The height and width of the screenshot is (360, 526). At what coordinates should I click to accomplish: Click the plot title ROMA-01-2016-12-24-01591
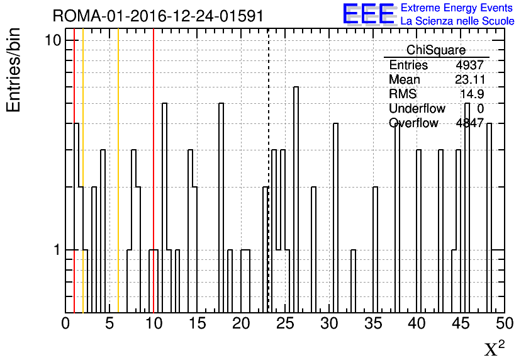[x=158, y=16]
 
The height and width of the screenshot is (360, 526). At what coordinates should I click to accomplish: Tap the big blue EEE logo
[x=369, y=14]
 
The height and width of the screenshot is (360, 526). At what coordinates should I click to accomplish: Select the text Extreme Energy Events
[x=457, y=8]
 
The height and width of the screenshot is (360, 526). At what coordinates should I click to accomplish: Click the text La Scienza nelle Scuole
[x=457, y=21]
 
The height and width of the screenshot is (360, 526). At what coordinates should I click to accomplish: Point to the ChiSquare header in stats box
[x=436, y=50]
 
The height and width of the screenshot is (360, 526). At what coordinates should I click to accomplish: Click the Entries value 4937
[x=469, y=65]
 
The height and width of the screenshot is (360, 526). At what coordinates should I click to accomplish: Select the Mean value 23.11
[x=470, y=79]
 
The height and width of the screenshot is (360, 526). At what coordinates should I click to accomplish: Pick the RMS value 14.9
[x=472, y=94]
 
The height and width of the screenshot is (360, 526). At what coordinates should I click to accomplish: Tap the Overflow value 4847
[x=469, y=123]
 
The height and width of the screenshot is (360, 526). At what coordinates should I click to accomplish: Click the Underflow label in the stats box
[x=417, y=109]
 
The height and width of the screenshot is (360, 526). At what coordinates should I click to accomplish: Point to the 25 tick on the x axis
[x=285, y=323]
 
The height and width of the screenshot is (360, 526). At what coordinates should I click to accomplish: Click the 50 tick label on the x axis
[x=505, y=323]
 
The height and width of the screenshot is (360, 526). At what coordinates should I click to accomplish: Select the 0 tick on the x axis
[x=65, y=323]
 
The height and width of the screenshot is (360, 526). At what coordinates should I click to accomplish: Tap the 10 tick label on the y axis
[x=53, y=41]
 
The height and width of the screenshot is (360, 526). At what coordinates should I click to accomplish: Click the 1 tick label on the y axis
[x=57, y=250]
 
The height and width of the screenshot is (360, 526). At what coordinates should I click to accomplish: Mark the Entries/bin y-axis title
[x=14, y=70]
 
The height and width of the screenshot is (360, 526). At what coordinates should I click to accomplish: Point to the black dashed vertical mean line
[x=269, y=171]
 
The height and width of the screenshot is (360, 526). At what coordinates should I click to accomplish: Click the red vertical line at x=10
[x=154, y=171]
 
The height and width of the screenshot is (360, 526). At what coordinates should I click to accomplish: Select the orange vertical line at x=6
[x=118, y=171]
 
